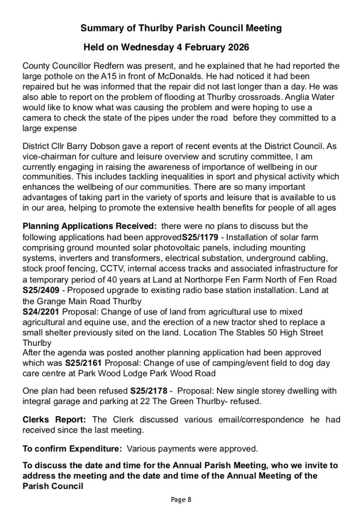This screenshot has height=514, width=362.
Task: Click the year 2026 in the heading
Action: click(x=235, y=48)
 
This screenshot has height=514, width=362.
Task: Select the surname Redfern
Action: click(x=107, y=65)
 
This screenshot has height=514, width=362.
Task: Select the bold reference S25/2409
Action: click(x=40, y=290)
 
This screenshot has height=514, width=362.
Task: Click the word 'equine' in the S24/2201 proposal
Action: click(x=89, y=322)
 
